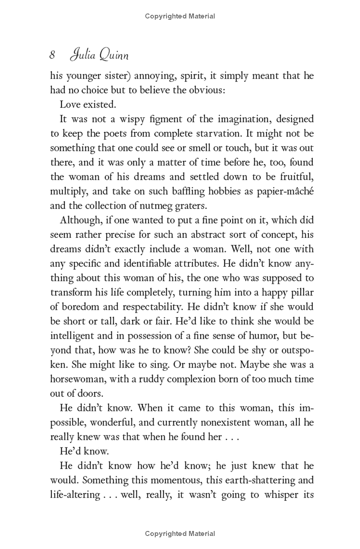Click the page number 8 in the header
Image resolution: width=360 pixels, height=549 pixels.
pyautogui.click(x=53, y=55)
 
